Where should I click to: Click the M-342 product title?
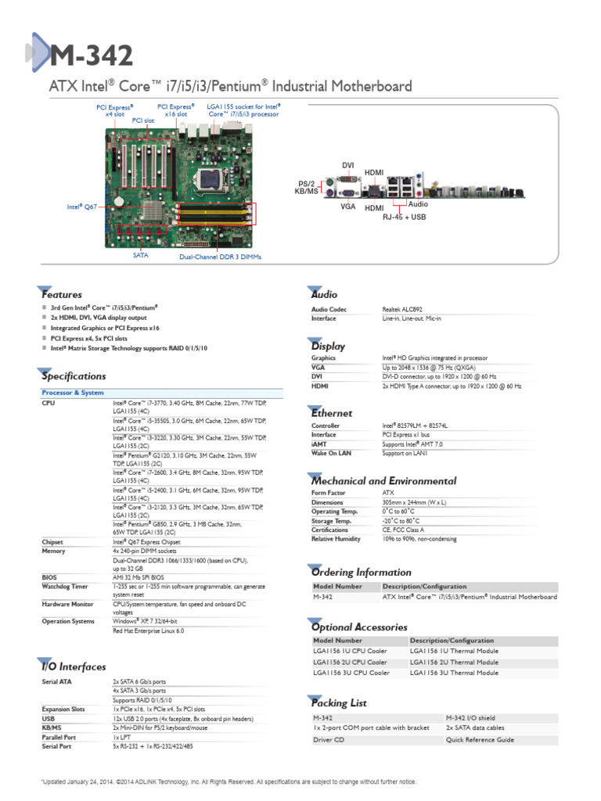(x=92, y=56)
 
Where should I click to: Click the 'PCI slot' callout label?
(x=142, y=120)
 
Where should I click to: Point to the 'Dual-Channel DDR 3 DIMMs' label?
(x=220, y=257)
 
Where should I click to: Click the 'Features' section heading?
(x=62, y=295)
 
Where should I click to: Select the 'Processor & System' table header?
(x=73, y=392)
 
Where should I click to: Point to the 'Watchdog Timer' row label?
(x=65, y=586)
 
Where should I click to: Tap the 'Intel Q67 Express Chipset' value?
(x=147, y=541)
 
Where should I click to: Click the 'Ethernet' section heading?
(x=332, y=412)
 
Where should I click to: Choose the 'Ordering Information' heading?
(x=361, y=572)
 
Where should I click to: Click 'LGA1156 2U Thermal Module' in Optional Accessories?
(x=454, y=662)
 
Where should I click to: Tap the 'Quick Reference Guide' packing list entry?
(x=480, y=739)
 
